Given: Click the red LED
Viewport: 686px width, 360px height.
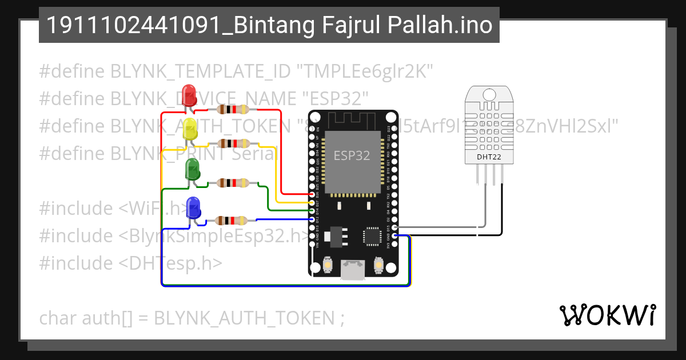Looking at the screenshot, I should point(188,95).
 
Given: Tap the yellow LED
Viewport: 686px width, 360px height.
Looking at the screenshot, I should point(189,130).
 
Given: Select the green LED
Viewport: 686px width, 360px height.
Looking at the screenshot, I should point(192,169).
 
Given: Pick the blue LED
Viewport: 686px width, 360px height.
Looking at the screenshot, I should point(194,207).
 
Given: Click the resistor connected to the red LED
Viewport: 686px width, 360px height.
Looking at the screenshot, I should point(231,110).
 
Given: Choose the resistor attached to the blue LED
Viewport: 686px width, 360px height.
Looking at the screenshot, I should point(231,220).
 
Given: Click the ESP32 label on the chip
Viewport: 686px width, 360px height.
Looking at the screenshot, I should point(352,155).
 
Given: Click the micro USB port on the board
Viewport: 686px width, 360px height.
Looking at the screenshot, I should point(353,270).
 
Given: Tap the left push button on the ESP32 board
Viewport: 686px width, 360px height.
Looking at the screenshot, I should point(329,265).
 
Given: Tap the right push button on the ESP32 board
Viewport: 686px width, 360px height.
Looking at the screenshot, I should point(378,265).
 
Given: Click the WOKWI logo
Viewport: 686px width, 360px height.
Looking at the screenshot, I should point(608,315).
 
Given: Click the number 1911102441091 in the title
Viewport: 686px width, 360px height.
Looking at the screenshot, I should point(112,25).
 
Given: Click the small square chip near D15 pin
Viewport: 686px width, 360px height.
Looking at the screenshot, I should point(372,236).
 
